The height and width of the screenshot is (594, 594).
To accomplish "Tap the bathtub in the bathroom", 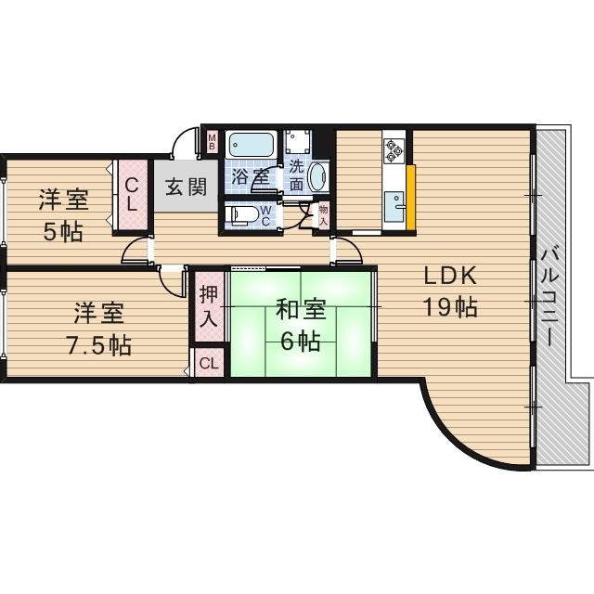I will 251,146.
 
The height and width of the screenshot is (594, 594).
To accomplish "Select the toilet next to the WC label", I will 242,215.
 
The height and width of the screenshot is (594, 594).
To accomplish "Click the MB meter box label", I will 212,143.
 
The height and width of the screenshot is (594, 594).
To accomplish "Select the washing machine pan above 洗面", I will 298,142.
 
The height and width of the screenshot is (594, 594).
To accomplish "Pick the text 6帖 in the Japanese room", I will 302,342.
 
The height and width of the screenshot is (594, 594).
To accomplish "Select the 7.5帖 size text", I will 97,345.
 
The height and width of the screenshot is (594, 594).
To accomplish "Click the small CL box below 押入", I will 209,363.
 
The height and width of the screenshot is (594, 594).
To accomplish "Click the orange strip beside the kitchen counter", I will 410,196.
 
